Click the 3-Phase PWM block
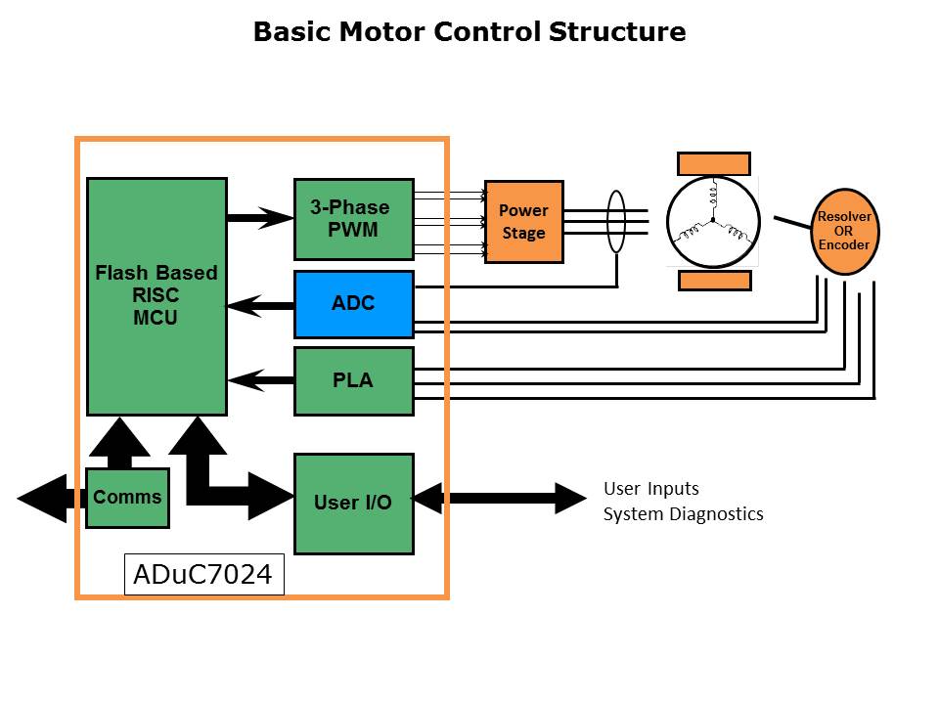point(353,219)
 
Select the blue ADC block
point(353,304)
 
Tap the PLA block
point(353,380)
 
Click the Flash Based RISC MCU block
point(156,296)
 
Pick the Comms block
point(127,498)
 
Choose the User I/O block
point(353,504)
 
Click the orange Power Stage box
point(524,222)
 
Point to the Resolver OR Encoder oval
point(843,232)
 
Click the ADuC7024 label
point(203,576)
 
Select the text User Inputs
point(651,489)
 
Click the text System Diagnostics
point(683,514)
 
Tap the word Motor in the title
point(381,32)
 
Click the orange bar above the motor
point(714,164)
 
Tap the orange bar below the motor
point(714,281)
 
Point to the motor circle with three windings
point(713,222)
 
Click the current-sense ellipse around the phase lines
point(616,222)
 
